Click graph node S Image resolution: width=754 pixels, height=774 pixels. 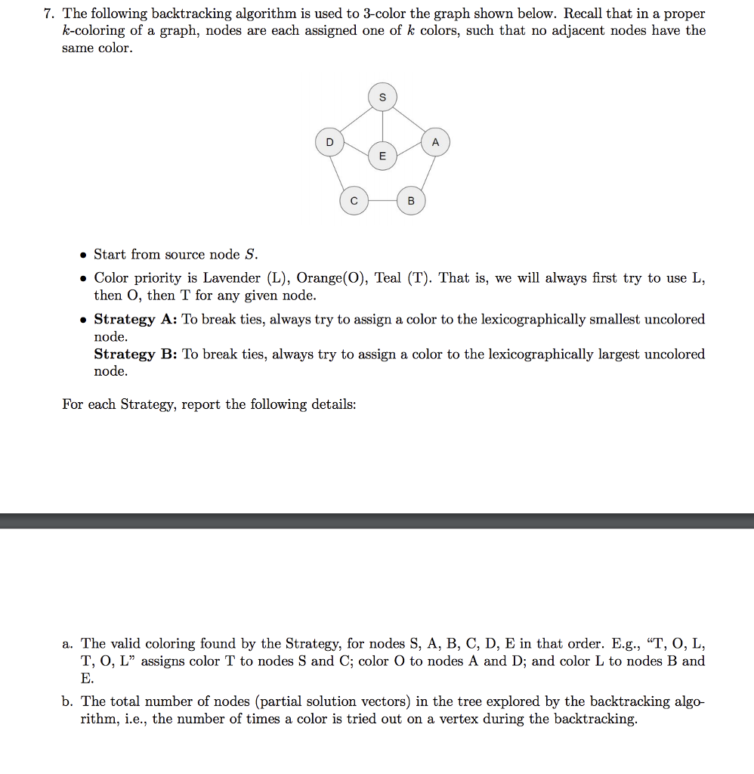coord(382,98)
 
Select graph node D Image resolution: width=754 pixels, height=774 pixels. coord(329,143)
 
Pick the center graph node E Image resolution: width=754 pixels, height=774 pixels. coord(382,156)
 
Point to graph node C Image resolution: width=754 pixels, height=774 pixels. coord(353,201)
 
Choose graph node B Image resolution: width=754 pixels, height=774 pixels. coord(410,201)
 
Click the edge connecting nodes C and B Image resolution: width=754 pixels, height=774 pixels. coord(382,201)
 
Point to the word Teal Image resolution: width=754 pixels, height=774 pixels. coord(388,278)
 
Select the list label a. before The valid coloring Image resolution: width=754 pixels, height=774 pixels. coord(68,644)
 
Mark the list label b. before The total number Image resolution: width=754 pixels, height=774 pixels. coord(68,701)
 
